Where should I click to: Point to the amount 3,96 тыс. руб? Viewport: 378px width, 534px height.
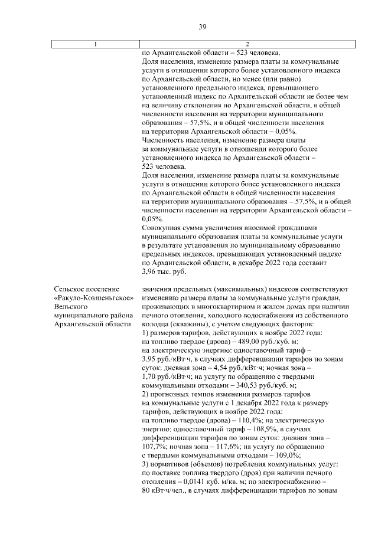[x=164, y=271]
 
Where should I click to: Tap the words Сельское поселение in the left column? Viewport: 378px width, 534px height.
[x=87, y=289]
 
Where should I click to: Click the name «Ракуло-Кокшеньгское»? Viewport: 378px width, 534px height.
[x=92, y=298]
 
